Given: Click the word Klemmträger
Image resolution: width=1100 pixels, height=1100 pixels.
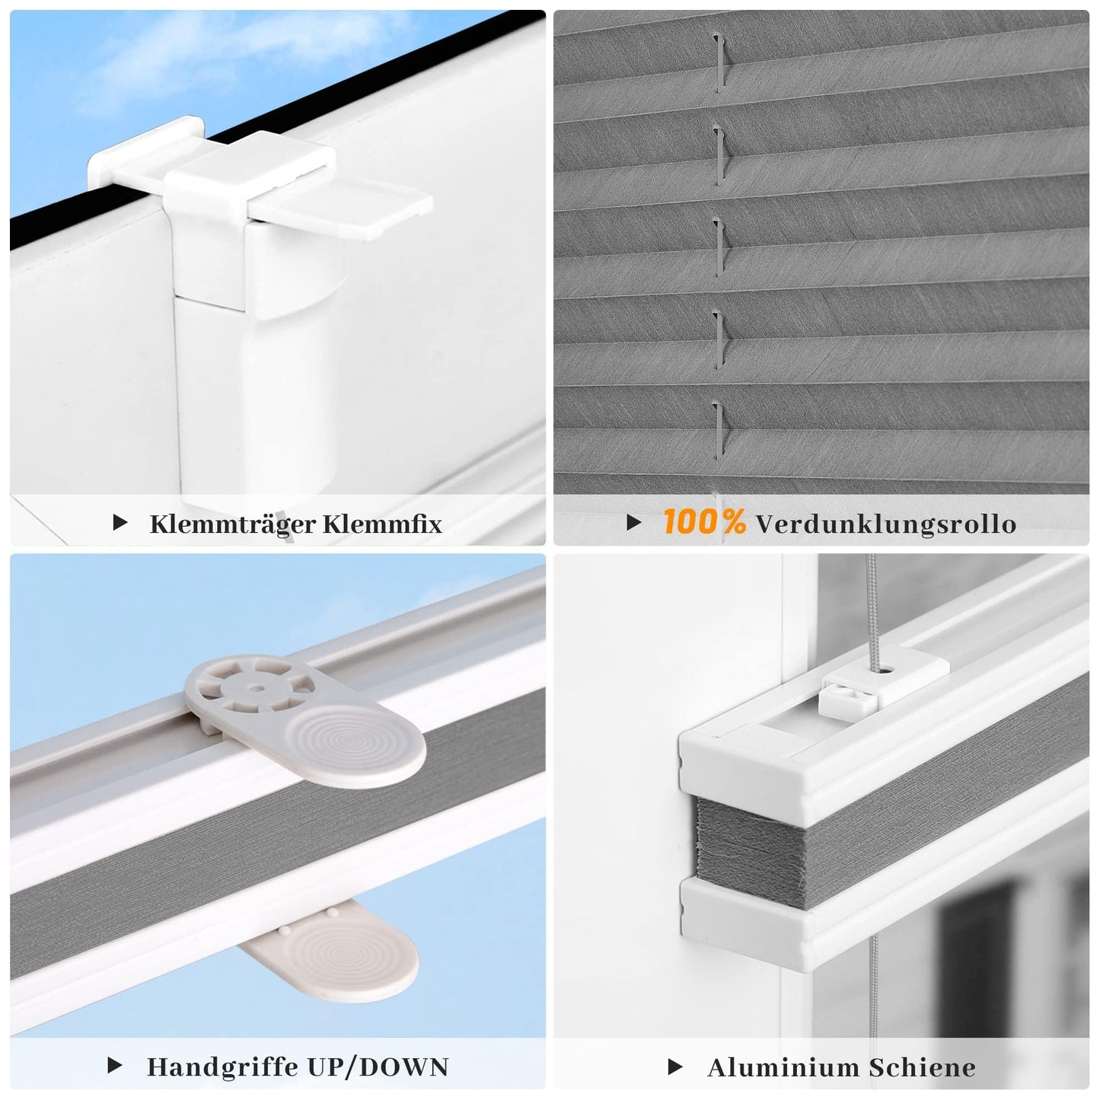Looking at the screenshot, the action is click(x=232, y=524).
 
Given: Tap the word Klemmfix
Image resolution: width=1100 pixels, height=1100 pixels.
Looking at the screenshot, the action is click(x=382, y=524).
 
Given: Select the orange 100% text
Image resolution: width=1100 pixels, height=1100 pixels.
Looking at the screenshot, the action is click(x=704, y=521).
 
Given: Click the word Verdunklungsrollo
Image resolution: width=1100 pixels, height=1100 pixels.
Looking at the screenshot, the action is click(x=886, y=524).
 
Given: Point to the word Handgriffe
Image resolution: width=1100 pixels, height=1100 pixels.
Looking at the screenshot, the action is click(x=222, y=1067).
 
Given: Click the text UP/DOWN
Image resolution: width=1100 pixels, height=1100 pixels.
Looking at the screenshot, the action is click(x=378, y=1067).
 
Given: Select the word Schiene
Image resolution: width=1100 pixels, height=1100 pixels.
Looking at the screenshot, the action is click(x=922, y=1067).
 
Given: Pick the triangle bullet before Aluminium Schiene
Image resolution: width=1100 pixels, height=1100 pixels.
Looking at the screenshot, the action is click(x=674, y=1067).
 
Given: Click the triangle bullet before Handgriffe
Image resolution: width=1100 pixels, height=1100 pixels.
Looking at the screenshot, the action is click(x=115, y=1065).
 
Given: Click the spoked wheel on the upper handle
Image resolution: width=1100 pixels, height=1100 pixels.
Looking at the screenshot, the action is click(x=250, y=687).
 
